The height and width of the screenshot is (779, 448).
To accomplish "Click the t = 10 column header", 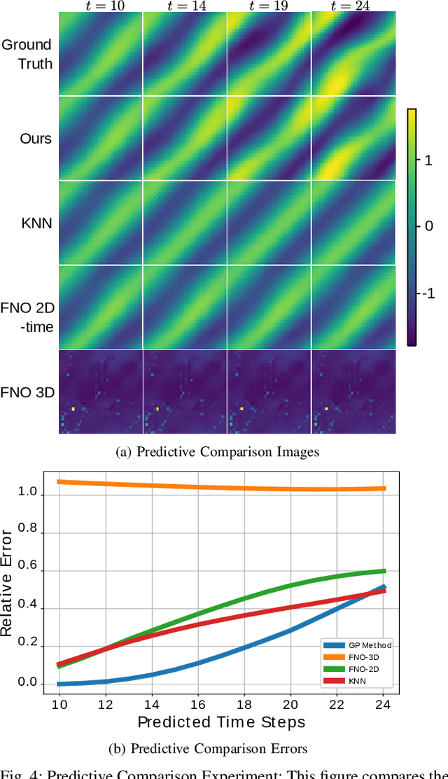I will pos(100,6).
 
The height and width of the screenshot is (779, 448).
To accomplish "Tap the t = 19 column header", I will pos(269,6).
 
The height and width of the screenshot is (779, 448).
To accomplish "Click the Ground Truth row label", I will pos(27,54).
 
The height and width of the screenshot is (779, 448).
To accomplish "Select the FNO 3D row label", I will pos(28,392).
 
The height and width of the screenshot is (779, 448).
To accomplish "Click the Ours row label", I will pos(36,139).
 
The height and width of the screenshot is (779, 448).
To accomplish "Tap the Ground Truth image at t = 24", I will pos(353,55).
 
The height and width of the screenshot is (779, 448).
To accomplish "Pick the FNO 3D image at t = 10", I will pos(100,392).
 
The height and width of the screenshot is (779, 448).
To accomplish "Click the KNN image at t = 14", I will pos(185,223).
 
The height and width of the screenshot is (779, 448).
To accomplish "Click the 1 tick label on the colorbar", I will pos(428,160).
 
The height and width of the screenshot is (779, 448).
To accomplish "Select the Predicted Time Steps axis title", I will pos(221,722).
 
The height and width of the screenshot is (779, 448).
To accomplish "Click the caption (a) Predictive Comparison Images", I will pos(218,452).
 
